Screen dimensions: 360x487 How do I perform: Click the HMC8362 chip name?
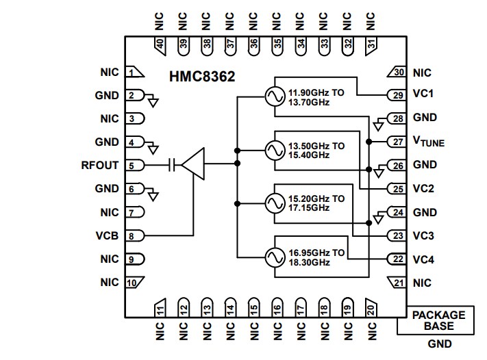click(202, 77)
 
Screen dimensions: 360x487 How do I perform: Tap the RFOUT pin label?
click(99, 165)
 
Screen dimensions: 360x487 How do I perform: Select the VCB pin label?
click(108, 235)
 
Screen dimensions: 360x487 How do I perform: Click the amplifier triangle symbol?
click(193, 164)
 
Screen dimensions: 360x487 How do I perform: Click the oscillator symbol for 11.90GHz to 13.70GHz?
click(275, 97)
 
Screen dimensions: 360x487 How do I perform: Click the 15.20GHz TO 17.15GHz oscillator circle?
click(275, 203)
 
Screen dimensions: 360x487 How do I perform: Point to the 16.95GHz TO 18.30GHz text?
click(316, 257)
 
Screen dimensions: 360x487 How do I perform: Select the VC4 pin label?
click(423, 259)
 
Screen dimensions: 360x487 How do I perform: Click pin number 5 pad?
click(135, 165)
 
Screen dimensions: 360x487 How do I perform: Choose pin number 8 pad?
click(135, 235)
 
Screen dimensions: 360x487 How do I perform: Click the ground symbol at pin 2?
click(153, 102)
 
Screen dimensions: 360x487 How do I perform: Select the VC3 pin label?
click(423, 235)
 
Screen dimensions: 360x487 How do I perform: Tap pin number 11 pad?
click(159, 309)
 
